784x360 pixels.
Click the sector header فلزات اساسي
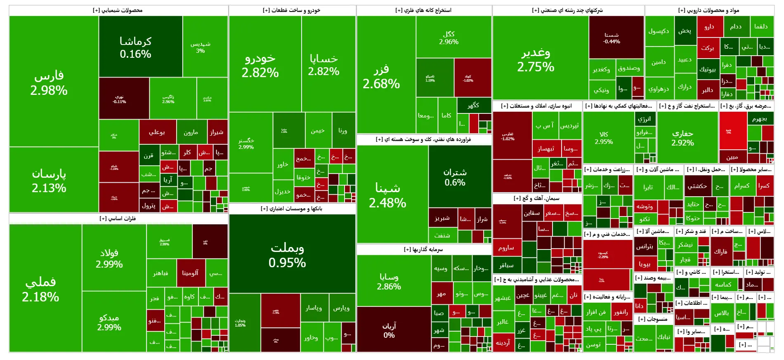point(118,219)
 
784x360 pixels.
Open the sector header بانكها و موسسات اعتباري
point(291,209)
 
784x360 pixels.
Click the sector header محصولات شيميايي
point(118,10)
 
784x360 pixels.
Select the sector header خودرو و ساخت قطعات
point(291,10)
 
